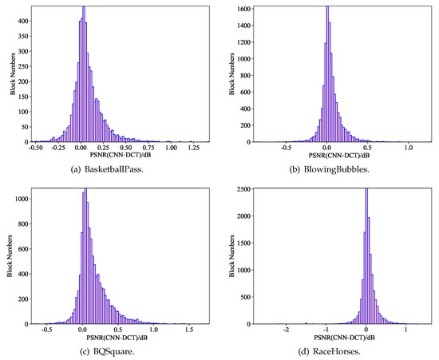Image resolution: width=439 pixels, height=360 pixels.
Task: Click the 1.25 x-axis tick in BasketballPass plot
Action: coord(192,148)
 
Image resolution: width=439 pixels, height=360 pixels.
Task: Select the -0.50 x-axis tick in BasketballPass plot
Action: coord(35,148)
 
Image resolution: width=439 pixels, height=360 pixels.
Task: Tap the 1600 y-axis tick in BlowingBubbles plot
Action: coord(236,7)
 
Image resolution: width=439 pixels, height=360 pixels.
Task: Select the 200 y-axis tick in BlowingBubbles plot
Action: coord(239,125)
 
